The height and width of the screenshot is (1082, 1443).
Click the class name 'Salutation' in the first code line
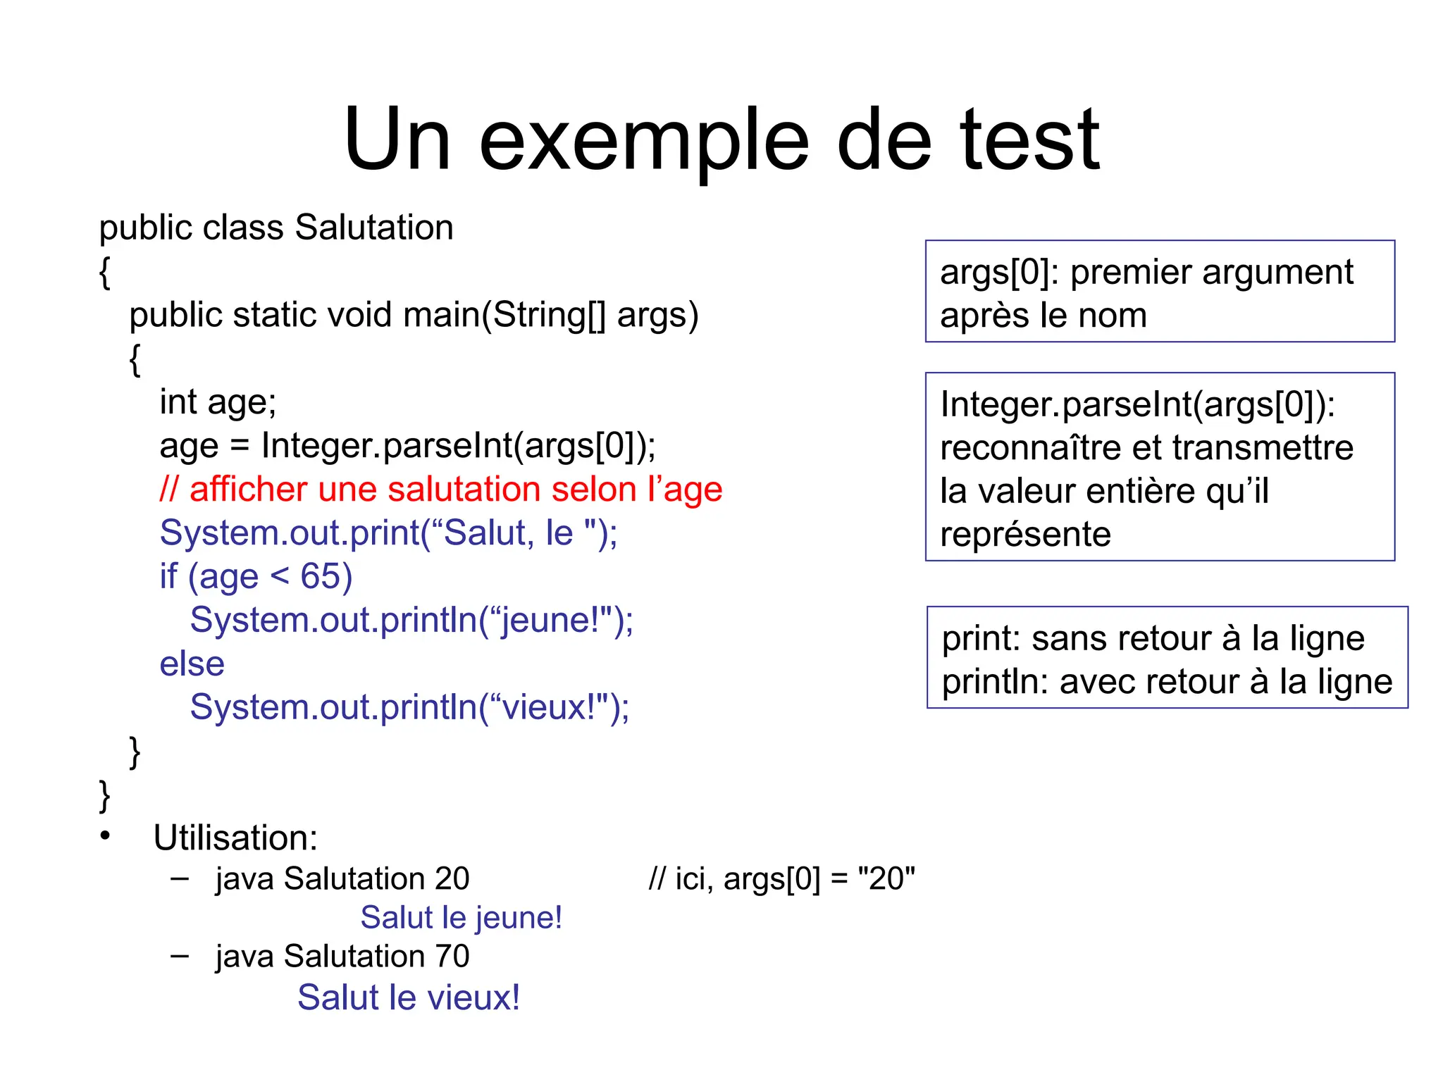pyautogui.click(x=374, y=228)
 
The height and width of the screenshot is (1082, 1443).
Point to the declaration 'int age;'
pyautogui.click(x=218, y=402)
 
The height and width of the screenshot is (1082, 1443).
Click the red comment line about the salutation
pyautogui.click(x=441, y=490)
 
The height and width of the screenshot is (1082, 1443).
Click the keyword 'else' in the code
pyautogui.click(x=192, y=664)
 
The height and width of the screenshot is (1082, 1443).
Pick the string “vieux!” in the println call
pyautogui.click(x=545, y=707)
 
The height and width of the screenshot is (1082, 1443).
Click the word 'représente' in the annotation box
pyautogui.click(x=1025, y=535)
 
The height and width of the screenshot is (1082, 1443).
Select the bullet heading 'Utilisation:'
pyautogui.click(x=235, y=838)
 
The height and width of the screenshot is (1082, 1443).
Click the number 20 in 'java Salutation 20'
pyautogui.click(x=452, y=879)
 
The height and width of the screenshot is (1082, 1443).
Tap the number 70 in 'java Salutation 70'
pyautogui.click(x=452, y=957)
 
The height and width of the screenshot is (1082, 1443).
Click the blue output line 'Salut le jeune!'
pyautogui.click(x=461, y=918)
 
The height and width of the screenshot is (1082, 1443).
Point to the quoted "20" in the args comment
pyautogui.click(x=886, y=879)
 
